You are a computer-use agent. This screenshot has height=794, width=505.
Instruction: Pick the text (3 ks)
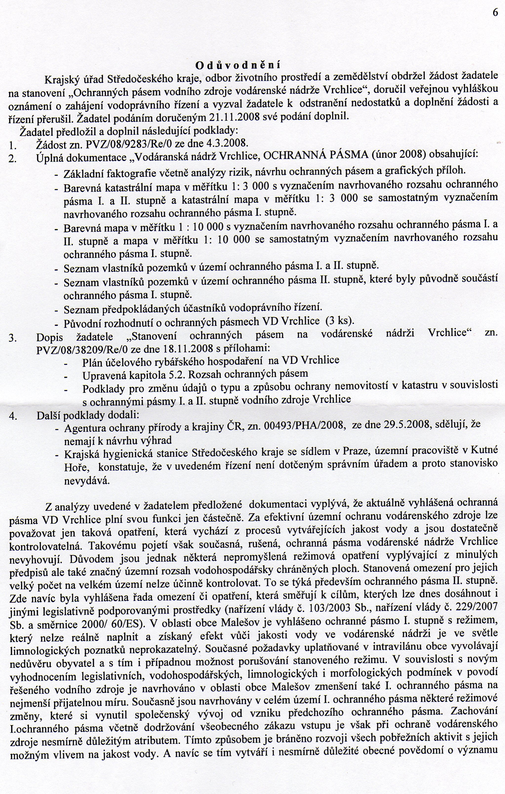click(x=340, y=320)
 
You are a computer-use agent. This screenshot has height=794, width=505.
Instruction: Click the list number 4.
click(x=13, y=416)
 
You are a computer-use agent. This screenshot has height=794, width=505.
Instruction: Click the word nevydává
click(x=86, y=481)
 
